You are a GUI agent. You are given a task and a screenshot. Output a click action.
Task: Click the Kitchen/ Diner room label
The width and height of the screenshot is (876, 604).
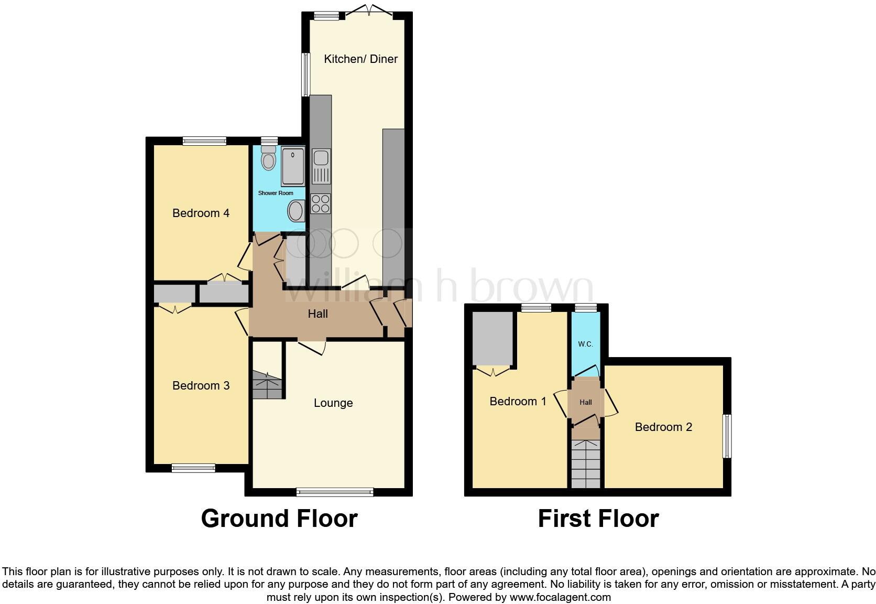click(x=360, y=59)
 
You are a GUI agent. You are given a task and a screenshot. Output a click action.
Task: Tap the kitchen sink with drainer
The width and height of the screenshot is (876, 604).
click(x=321, y=166)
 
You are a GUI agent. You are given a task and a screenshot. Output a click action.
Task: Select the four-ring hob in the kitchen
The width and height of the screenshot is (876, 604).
click(x=321, y=203)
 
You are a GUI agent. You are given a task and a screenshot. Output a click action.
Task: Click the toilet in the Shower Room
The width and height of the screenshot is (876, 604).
click(x=269, y=157)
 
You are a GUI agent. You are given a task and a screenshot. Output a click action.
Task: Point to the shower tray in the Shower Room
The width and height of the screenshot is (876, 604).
click(x=293, y=166)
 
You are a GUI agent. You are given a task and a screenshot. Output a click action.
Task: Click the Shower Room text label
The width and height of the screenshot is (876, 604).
click(x=276, y=193)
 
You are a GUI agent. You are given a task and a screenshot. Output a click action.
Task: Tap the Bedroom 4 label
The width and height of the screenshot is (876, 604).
click(x=201, y=213)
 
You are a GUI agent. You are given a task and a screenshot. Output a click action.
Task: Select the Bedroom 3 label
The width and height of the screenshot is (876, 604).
click(x=201, y=385)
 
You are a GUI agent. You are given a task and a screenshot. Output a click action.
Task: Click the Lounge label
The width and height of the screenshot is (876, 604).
click(x=333, y=403)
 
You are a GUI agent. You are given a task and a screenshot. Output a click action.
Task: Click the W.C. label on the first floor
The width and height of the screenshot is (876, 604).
click(x=585, y=344)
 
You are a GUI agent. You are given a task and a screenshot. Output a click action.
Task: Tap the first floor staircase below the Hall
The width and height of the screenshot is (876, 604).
click(x=585, y=463)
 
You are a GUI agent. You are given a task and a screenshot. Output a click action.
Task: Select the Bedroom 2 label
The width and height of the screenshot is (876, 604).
click(x=663, y=427)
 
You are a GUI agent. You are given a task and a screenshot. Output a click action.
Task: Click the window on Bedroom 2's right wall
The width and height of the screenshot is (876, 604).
click(x=727, y=436)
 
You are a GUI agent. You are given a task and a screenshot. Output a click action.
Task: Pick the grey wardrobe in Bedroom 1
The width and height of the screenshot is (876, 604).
click(x=492, y=338)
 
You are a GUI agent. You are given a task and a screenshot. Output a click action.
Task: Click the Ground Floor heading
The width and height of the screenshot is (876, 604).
click(x=279, y=518)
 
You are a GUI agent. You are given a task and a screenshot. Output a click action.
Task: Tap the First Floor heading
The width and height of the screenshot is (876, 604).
click(x=598, y=518)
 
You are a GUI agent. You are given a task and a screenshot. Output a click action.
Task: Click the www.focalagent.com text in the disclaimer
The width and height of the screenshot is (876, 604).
click(x=560, y=597)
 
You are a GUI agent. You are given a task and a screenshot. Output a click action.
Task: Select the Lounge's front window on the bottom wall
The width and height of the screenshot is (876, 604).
click(x=334, y=492)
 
